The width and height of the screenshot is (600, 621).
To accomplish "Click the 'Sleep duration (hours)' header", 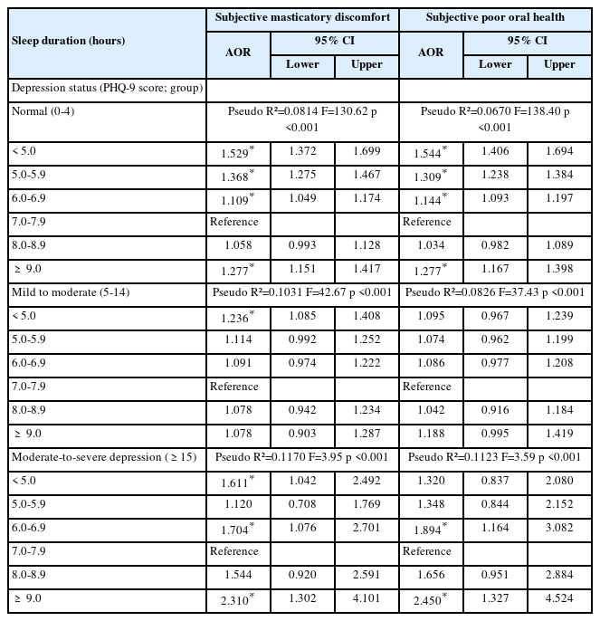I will [x=68, y=41].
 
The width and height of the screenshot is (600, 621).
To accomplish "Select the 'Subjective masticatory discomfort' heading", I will [x=301, y=17].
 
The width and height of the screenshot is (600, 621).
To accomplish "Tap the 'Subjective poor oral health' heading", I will [x=495, y=17].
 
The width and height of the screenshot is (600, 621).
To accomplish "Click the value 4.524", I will [x=559, y=598].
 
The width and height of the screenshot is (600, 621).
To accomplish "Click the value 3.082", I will [x=559, y=528].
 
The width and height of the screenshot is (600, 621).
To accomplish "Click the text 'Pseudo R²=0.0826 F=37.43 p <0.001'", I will [x=495, y=292].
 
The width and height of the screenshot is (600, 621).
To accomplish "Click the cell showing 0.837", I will [x=494, y=481].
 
